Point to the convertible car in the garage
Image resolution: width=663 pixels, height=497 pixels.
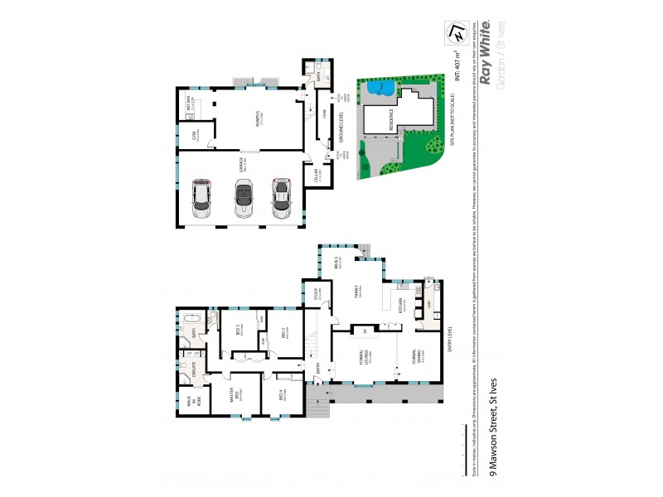coord(244,199)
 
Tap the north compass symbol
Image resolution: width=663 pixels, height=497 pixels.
coord(456,32)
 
